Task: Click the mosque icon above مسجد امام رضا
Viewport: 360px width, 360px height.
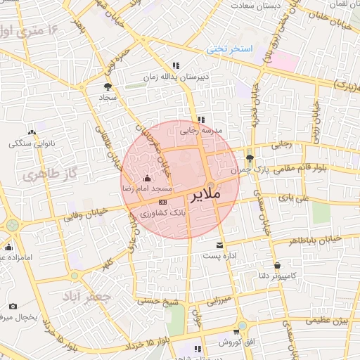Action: click(x=146, y=178)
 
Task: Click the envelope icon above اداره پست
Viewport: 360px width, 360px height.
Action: click(x=221, y=245)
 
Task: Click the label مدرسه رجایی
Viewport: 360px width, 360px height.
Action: click(x=202, y=131)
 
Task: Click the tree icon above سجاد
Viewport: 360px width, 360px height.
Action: click(x=107, y=86)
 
